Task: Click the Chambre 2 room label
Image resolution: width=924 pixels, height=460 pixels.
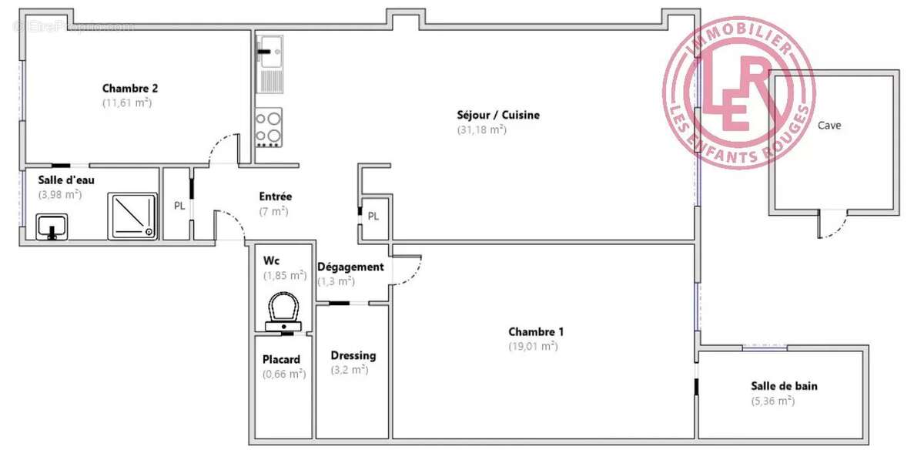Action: click(x=130, y=88)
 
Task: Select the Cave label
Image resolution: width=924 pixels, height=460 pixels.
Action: click(x=829, y=126)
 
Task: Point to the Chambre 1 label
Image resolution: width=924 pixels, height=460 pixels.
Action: click(x=536, y=332)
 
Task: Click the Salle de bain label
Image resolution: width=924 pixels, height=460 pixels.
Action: click(x=784, y=386)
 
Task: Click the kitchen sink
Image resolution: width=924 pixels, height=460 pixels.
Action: click(x=269, y=51)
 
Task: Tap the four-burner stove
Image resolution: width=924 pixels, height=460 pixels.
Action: click(x=269, y=127)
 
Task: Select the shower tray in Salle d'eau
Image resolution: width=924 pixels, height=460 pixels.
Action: click(x=132, y=214)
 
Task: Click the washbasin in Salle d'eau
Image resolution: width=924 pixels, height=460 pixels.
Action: click(x=52, y=227)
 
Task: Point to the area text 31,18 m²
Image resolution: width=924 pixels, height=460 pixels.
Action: click(x=481, y=129)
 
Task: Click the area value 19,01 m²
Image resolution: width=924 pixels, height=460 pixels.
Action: click(x=533, y=346)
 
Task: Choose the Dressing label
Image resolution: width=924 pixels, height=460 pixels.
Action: click(x=353, y=355)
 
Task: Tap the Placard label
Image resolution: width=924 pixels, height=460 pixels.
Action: click(x=281, y=359)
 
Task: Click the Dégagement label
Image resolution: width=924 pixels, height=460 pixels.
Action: click(x=350, y=267)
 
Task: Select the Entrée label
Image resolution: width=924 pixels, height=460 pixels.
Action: click(x=275, y=196)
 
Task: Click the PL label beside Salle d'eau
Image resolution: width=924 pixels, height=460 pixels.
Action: click(x=179, y=206)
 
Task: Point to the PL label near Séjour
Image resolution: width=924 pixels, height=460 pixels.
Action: click(x=373, y=216)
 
